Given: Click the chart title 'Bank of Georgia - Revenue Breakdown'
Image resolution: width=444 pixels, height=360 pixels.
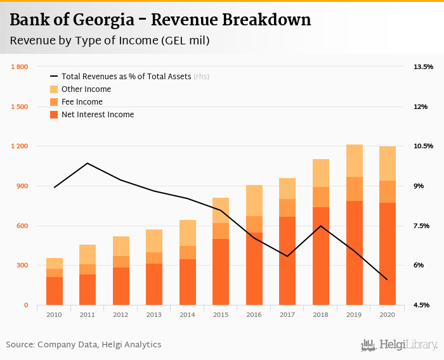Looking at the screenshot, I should click(160, 20).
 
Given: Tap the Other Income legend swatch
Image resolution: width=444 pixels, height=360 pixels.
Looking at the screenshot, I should click(54, 89).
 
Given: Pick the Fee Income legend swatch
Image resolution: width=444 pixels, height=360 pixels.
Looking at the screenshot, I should click(54, 102).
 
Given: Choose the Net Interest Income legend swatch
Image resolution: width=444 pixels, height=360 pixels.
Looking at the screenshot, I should click(54, 115).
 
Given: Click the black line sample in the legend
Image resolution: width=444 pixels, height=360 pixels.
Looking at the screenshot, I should click(54, 77).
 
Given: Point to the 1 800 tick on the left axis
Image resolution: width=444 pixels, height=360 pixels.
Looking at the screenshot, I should click(19, 67).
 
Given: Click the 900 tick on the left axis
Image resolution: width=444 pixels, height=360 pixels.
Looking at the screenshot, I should click(22, 186).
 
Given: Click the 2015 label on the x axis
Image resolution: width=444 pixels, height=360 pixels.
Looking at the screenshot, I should click(221, 315).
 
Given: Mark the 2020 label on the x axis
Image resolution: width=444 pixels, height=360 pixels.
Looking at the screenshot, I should click(387, 315).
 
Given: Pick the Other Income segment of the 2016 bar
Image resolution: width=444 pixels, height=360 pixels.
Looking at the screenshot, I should click(254, 200).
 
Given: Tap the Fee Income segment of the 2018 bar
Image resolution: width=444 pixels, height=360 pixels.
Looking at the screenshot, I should click(321, 197).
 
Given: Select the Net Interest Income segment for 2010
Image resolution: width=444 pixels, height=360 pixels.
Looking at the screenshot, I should click(55, 291).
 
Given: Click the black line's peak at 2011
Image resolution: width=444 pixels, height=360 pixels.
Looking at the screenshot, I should click(88, 163).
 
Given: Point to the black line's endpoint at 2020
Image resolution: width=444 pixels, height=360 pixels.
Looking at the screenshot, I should click(387, 280).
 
